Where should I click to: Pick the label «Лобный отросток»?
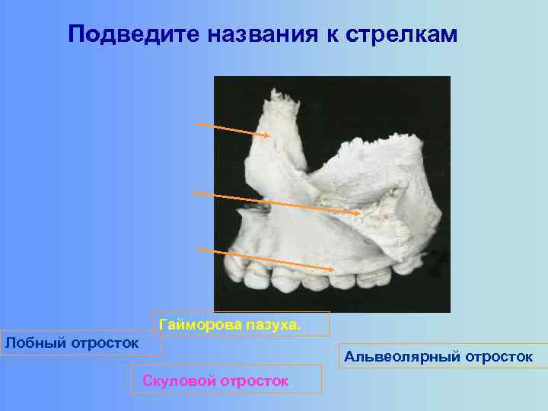tap(72, 342)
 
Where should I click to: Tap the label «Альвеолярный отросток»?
tap(438, 356)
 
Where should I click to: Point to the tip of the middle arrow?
tap(360, 214)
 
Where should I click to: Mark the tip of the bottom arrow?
tap(336, 269)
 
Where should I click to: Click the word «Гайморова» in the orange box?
tap(201, 326)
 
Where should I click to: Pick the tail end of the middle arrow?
tap(192, 193)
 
